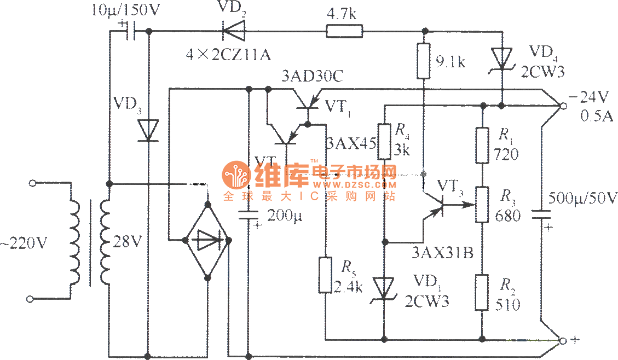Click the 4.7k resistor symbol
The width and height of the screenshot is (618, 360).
click(344, 31)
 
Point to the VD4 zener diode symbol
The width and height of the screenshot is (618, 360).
click(502, 57)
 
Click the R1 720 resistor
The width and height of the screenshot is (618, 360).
click(482, 145)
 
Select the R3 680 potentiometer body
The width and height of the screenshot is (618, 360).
click(482, 204)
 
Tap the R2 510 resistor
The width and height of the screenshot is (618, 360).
click(482, 293)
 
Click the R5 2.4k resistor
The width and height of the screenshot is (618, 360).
click(326, 275)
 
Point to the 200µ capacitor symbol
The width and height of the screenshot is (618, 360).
click(249, 215)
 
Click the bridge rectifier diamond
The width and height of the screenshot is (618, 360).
click(208, 240)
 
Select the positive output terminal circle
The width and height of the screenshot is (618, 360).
click(562, 341)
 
